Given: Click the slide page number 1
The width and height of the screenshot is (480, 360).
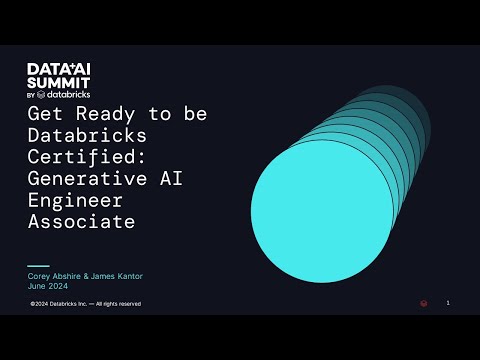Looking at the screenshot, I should (448, 303).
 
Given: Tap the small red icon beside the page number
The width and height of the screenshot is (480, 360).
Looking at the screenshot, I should (424, 304).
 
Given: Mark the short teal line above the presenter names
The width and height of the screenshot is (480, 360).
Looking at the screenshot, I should (37, 266).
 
